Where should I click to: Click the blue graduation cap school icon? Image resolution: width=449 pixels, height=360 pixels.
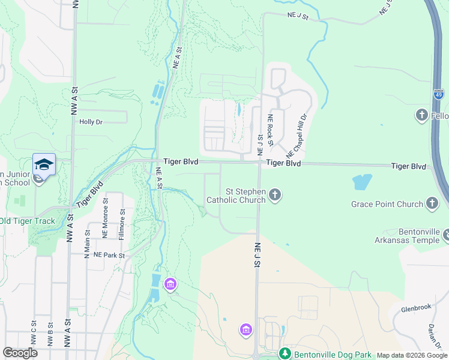[44, 164]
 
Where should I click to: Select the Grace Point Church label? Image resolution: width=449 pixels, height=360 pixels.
[387, 204]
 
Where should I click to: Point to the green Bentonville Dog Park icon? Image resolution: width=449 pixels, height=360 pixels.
[286, 355]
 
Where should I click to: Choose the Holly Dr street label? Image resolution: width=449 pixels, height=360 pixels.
[91, 121]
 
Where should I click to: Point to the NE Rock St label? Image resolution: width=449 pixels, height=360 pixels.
[271, 130]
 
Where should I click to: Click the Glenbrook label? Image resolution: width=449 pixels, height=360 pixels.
[416, 307]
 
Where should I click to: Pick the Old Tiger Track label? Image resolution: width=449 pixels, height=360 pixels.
[28, 221]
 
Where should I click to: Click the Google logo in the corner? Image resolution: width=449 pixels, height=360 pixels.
[20, 353]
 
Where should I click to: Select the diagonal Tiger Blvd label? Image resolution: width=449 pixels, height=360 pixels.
[89, 193]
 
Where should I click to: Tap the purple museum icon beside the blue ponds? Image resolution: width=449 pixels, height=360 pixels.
[170, 283]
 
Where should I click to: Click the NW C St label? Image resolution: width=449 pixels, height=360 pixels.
[33, 334]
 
